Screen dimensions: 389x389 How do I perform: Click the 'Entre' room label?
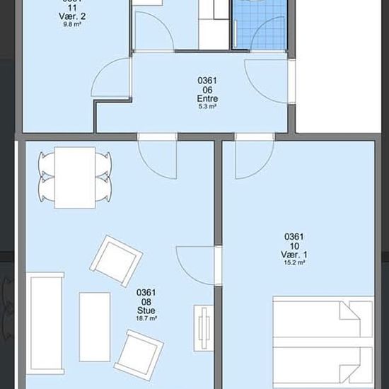tap(207, 99)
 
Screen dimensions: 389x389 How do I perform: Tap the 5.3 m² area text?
tap(207, 108)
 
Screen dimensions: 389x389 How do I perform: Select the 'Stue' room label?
tap(146, 310)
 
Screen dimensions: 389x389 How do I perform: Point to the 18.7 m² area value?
tap(146, 318)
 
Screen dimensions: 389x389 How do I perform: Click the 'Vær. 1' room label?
tap(294, 255)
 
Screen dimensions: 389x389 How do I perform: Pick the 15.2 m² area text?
tap(294, 263)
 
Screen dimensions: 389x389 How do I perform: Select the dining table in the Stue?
tap(75, 177)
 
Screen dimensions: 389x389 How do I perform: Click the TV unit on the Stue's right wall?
tap(203, 328)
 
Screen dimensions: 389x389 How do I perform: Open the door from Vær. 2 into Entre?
tap(113, 78)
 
